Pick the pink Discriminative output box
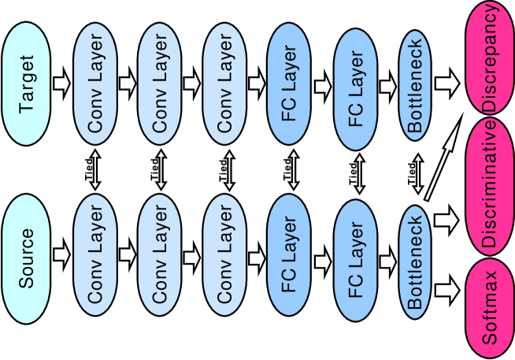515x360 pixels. [x=490, y=187]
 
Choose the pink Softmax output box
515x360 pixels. [x=490, y=311]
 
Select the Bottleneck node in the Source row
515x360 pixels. [x=417, y=260]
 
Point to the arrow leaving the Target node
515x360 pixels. [x=61, y=82]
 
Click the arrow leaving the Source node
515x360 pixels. [x=61, y=254]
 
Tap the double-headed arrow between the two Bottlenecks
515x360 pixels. [x=417, y=171]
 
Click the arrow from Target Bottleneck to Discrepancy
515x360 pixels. [x=446, y=82]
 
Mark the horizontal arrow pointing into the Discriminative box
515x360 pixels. [x=446, y=217]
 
